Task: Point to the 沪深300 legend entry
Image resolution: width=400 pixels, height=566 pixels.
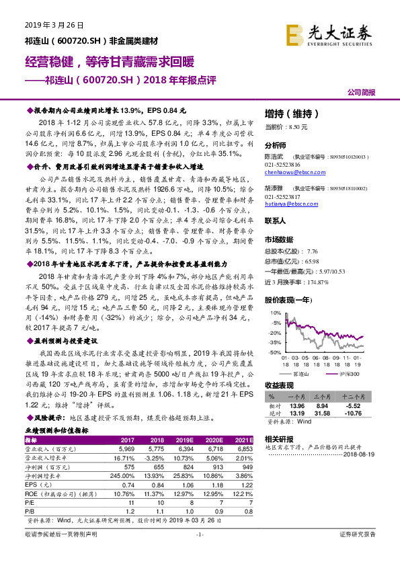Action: click(348, 372)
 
